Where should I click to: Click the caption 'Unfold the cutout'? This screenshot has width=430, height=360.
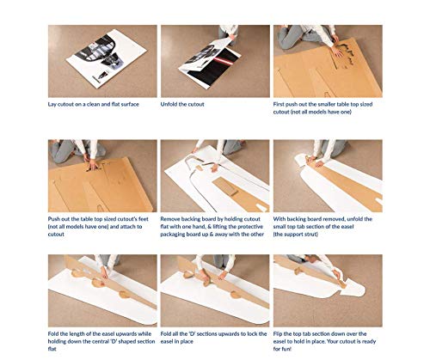click(182, 104)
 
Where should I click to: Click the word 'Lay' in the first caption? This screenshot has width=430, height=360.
click(52, 105)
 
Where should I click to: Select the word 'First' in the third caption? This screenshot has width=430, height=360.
click(279, 104)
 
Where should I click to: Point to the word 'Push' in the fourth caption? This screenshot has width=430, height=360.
click(53, 219)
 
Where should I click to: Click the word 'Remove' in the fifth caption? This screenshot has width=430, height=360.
click(170, 219)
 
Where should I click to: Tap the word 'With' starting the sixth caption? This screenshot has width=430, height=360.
click(279, 219)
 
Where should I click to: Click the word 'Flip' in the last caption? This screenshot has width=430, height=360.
click(278, 334)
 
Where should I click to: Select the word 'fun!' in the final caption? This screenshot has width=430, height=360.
click(286, 349)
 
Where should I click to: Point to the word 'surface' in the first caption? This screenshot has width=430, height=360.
click(130, 104)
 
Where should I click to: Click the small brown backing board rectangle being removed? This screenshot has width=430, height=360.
click(226, 186)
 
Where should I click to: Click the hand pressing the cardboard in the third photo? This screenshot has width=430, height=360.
click(336, 52)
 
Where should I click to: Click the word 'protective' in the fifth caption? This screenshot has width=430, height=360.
click(251, 227)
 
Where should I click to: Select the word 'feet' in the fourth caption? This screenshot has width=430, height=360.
click(144, 219)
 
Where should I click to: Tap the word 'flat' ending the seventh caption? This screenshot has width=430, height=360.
click(52, 349)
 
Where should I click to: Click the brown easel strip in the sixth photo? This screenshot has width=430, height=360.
click(347, 182)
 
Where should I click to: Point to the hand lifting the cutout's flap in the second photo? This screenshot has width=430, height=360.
click(232, 37)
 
